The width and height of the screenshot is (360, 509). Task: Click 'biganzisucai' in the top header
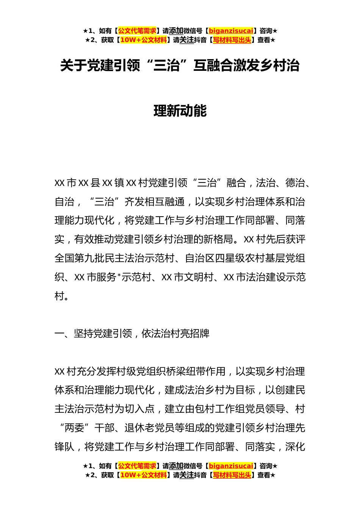coord(231,31)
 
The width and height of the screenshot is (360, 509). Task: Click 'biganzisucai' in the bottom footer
coord(231,466)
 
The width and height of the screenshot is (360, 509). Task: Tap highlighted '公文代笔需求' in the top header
coord(137,31)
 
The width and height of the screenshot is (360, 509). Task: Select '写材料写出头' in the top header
coord(232,40)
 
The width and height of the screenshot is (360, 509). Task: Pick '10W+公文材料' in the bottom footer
coord(143,475)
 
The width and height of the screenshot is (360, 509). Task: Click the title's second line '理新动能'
coord(180,111)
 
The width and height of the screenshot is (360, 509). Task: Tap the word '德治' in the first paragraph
coord(295,183)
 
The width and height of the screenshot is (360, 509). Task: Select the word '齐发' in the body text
coord(134,202)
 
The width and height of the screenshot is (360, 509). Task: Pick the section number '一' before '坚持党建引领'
coord(59,334)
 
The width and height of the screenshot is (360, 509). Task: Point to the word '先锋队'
coord(64,447)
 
